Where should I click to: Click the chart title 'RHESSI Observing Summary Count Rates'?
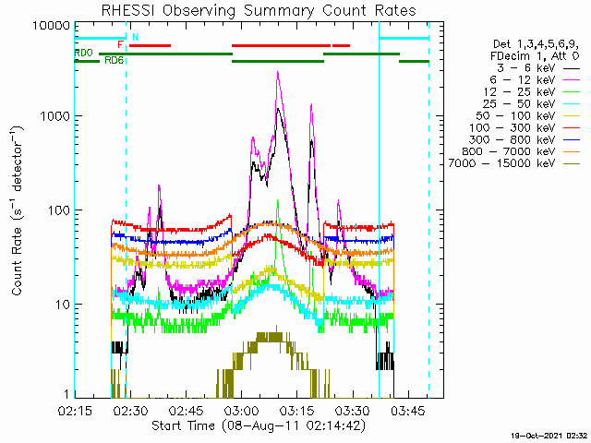[x=259, y=10]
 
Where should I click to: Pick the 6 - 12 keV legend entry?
[x=535, y=80]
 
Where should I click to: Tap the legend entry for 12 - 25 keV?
[x=532, y=92]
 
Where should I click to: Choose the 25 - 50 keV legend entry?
[x=532, y=104]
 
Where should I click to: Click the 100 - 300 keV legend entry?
[x=525, y=128]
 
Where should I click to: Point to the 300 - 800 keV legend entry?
[x=525, y=139]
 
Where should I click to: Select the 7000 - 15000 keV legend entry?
[x=514, y=164]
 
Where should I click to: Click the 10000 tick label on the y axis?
[x=52, y=26]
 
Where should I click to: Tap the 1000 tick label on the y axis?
[x=55, y=116]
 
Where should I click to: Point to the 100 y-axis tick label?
[x=59, y=210]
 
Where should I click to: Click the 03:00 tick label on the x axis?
[x=242, y=411]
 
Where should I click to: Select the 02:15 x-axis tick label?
[x=75, y=411]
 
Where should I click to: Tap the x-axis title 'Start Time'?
[x=183, y=426]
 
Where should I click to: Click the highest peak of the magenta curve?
[x=278, y=72]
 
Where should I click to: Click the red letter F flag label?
[x=120, y=45]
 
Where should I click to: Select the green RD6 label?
[x=114, y=60]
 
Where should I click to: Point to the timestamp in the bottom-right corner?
[x=550, y=436]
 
